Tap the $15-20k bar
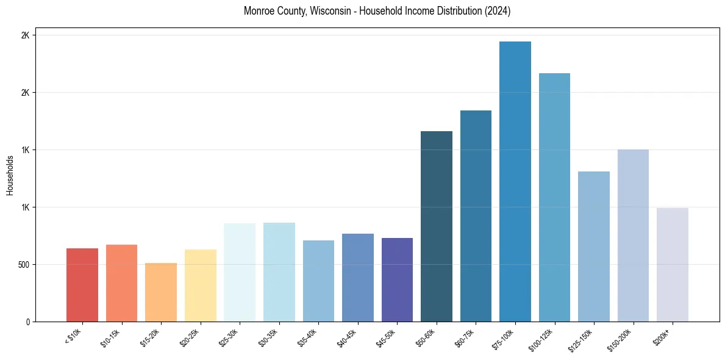(x=161, y=292)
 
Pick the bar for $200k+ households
(x=673, y=265)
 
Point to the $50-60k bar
(x=437, y=226)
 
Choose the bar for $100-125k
(x=554, y=198)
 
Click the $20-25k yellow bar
(x=201, y=286)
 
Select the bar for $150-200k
(x=633, y=236)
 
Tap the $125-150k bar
(x=594, y=247)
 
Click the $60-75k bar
(x=476, y=216)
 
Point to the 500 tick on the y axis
(x=23, y=265)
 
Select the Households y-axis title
(x=10, y=175)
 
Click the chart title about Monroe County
(x=377, y=11)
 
